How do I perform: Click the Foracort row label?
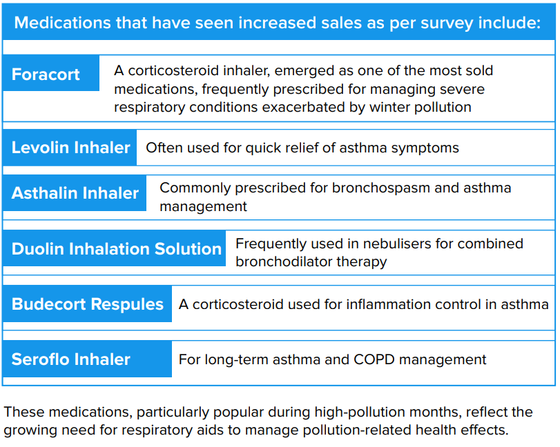pos(46,74)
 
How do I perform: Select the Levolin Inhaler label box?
pos(70,148)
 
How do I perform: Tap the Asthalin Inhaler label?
pos(75,193)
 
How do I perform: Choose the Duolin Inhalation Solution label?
pos(116,249)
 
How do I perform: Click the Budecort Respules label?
pos(88,304)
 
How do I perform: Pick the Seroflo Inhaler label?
pos(70,359)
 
